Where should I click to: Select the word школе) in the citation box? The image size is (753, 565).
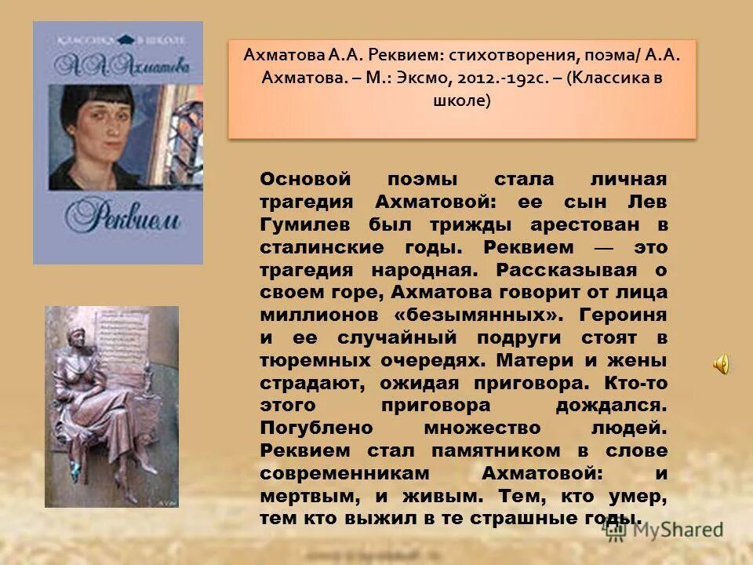click(x=461, y=100)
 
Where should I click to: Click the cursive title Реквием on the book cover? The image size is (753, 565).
click(x=118, y=216)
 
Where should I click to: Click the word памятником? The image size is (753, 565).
click(x=487, y=451)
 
